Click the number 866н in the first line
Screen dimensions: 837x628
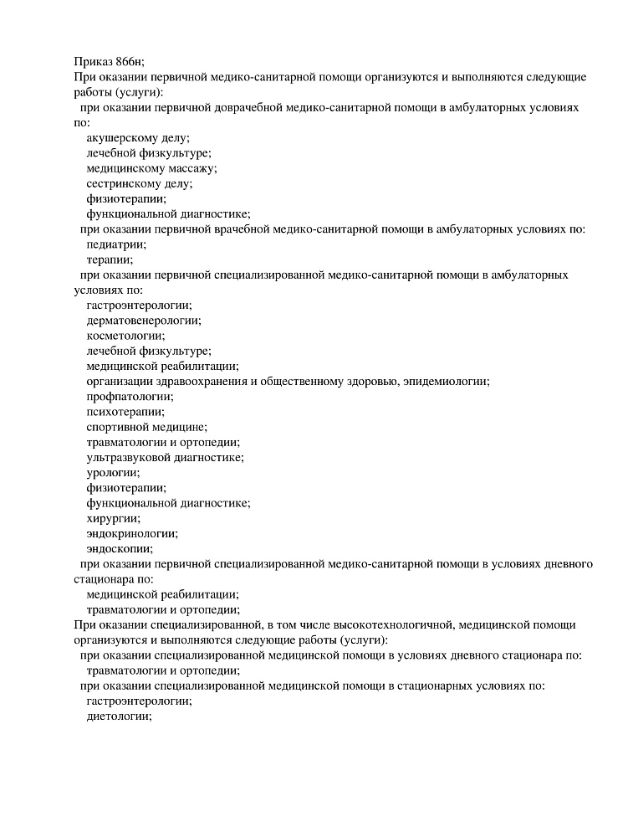[x=129, y=61]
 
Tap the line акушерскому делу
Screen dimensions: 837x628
[x=138, y=137]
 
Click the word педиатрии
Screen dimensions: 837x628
[x=116, y=244]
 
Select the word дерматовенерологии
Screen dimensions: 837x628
[x=143, y=320]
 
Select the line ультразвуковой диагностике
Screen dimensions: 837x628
[x=165, y=457]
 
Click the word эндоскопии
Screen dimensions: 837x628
[x=119, y=548]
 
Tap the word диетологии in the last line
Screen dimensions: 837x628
[x=118, y=716]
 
